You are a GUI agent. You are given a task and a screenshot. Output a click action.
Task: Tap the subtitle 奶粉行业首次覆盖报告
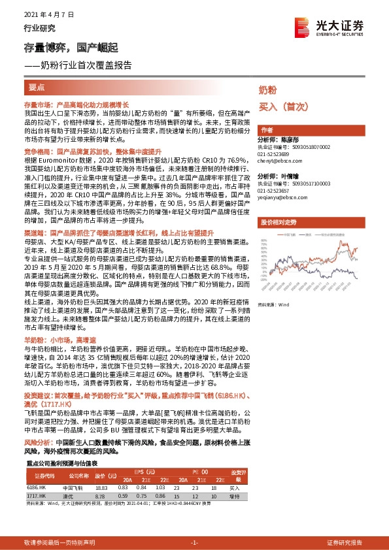tap(81, 65)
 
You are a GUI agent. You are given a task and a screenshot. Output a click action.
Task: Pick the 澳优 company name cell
tap(69, 496)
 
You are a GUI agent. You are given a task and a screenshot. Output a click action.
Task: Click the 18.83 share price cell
tap(100, 487)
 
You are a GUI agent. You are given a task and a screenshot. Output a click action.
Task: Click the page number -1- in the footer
tap(194, 543)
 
